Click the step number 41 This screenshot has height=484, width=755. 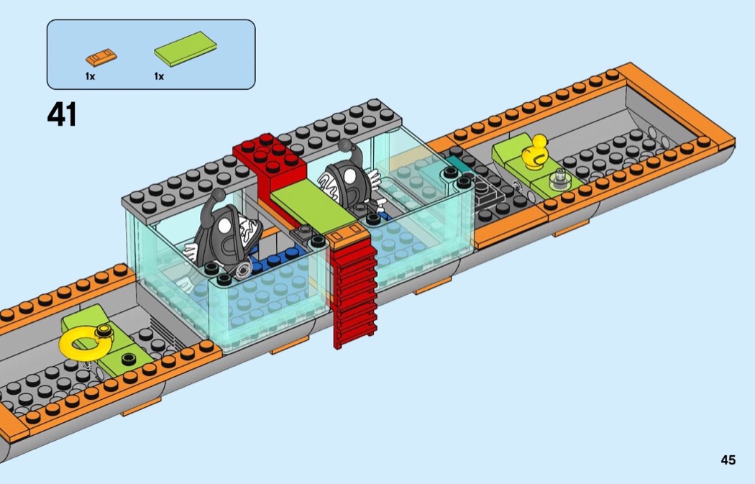tap(62, 114)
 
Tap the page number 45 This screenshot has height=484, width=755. tap(728, 460)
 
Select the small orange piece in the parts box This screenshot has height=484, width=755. tap(101, 58)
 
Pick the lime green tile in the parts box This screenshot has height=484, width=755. tap(186, 48)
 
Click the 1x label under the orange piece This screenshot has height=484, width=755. tap(90, 76)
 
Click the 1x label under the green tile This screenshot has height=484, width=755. tap(159, 76)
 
